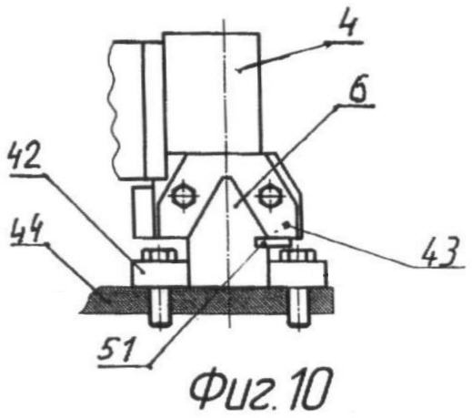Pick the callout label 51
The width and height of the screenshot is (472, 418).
coord(116,350)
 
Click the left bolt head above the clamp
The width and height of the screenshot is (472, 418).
coord(159,254)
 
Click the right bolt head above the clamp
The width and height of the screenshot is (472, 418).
coord(296,255)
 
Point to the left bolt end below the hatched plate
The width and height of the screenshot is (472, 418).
coord(159,308)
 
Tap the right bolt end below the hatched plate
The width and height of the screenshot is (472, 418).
coord(299,308)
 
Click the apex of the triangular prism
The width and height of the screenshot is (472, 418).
coord(225,177)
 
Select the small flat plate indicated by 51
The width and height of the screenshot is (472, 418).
coord(272,243)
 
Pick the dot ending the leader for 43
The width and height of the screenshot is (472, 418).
coord(285,225)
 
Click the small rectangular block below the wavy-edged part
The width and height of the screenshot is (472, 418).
coord(142,211)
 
